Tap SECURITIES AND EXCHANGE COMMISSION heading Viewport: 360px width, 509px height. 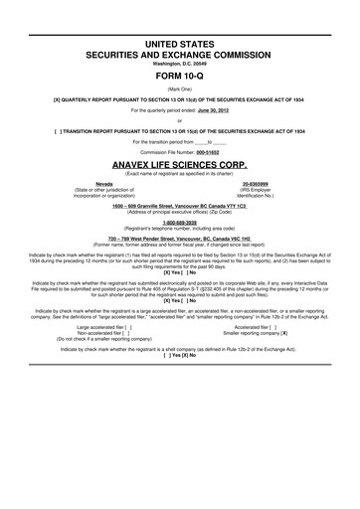click(x=180, y=32)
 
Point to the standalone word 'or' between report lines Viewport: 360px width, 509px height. click(x=180, y=120)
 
